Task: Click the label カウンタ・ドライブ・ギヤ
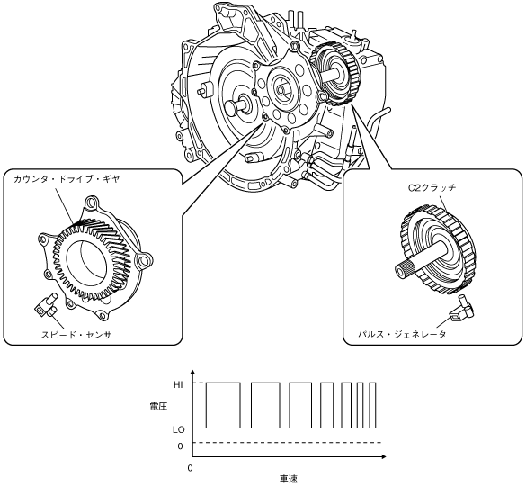(67, 179)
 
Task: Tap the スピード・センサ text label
(76, 335)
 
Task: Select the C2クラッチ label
(432, 187)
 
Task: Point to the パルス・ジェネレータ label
(402, 334)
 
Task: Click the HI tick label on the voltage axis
(178, 385)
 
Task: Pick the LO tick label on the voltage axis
(178, 429)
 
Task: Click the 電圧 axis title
(158, 407)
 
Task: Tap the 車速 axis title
(289, 478)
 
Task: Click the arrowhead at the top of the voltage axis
(192, 372)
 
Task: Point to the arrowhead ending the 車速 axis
(384, 456)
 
